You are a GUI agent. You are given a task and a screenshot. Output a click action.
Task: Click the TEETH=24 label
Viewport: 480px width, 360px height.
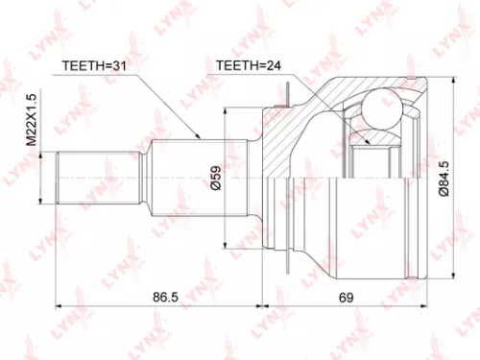(x=244, y=66)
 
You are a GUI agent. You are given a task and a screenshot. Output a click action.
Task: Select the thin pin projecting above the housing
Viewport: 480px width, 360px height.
(x=287, y=91)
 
